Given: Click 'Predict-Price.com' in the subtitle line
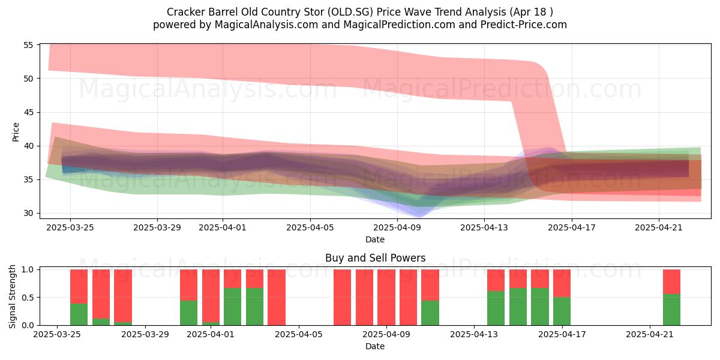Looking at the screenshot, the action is [524, 25].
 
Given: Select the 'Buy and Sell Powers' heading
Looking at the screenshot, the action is [375, 258].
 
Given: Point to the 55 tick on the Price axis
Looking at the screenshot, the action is [28, 45].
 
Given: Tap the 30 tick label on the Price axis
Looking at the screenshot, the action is [28, 213].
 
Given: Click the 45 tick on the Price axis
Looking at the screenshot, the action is [28, 113].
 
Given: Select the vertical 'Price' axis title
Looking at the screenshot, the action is [16, 132].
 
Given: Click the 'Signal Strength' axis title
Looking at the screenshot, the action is [12, 296].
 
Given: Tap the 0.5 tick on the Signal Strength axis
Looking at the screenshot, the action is [28, 298].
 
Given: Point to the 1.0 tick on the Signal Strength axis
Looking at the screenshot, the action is [28, 269].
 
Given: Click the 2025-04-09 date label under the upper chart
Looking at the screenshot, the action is [397, 227].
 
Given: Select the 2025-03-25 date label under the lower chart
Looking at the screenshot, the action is [57, 334].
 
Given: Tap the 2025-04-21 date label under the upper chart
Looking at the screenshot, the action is [659, 227].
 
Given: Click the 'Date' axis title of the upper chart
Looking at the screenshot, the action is [375, 239].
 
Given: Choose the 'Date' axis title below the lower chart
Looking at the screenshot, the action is [375, 346].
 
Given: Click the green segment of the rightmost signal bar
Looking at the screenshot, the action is [671, 310].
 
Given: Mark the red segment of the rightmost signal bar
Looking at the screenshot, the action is [671, 282].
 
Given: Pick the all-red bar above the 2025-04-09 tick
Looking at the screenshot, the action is [386, 298].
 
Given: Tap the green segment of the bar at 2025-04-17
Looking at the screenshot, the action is [562, 311].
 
